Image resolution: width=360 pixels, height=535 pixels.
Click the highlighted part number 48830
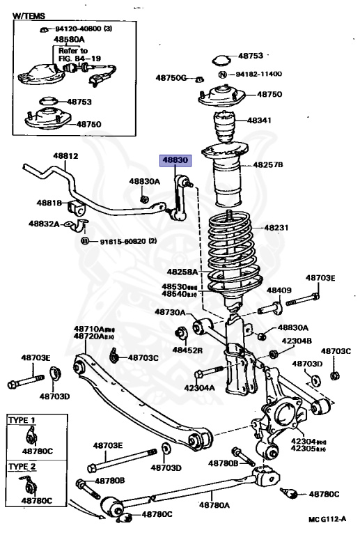click(x=175, y=160)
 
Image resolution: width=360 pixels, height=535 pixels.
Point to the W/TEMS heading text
click(x=28, y=14)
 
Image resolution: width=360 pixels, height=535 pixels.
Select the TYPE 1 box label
click(x=24, y=421)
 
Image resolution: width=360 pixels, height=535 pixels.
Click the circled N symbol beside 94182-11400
click(x=223, y=74)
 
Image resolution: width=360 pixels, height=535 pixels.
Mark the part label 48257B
click(x=267, y=165)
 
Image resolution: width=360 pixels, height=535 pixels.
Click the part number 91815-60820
click(x=117, y=241)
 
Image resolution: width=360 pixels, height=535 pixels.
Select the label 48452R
click(x=187, y=350)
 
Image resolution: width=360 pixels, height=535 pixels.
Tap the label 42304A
click(x=199, y=387)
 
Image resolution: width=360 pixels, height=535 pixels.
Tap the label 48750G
click(x=171, y=77)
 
